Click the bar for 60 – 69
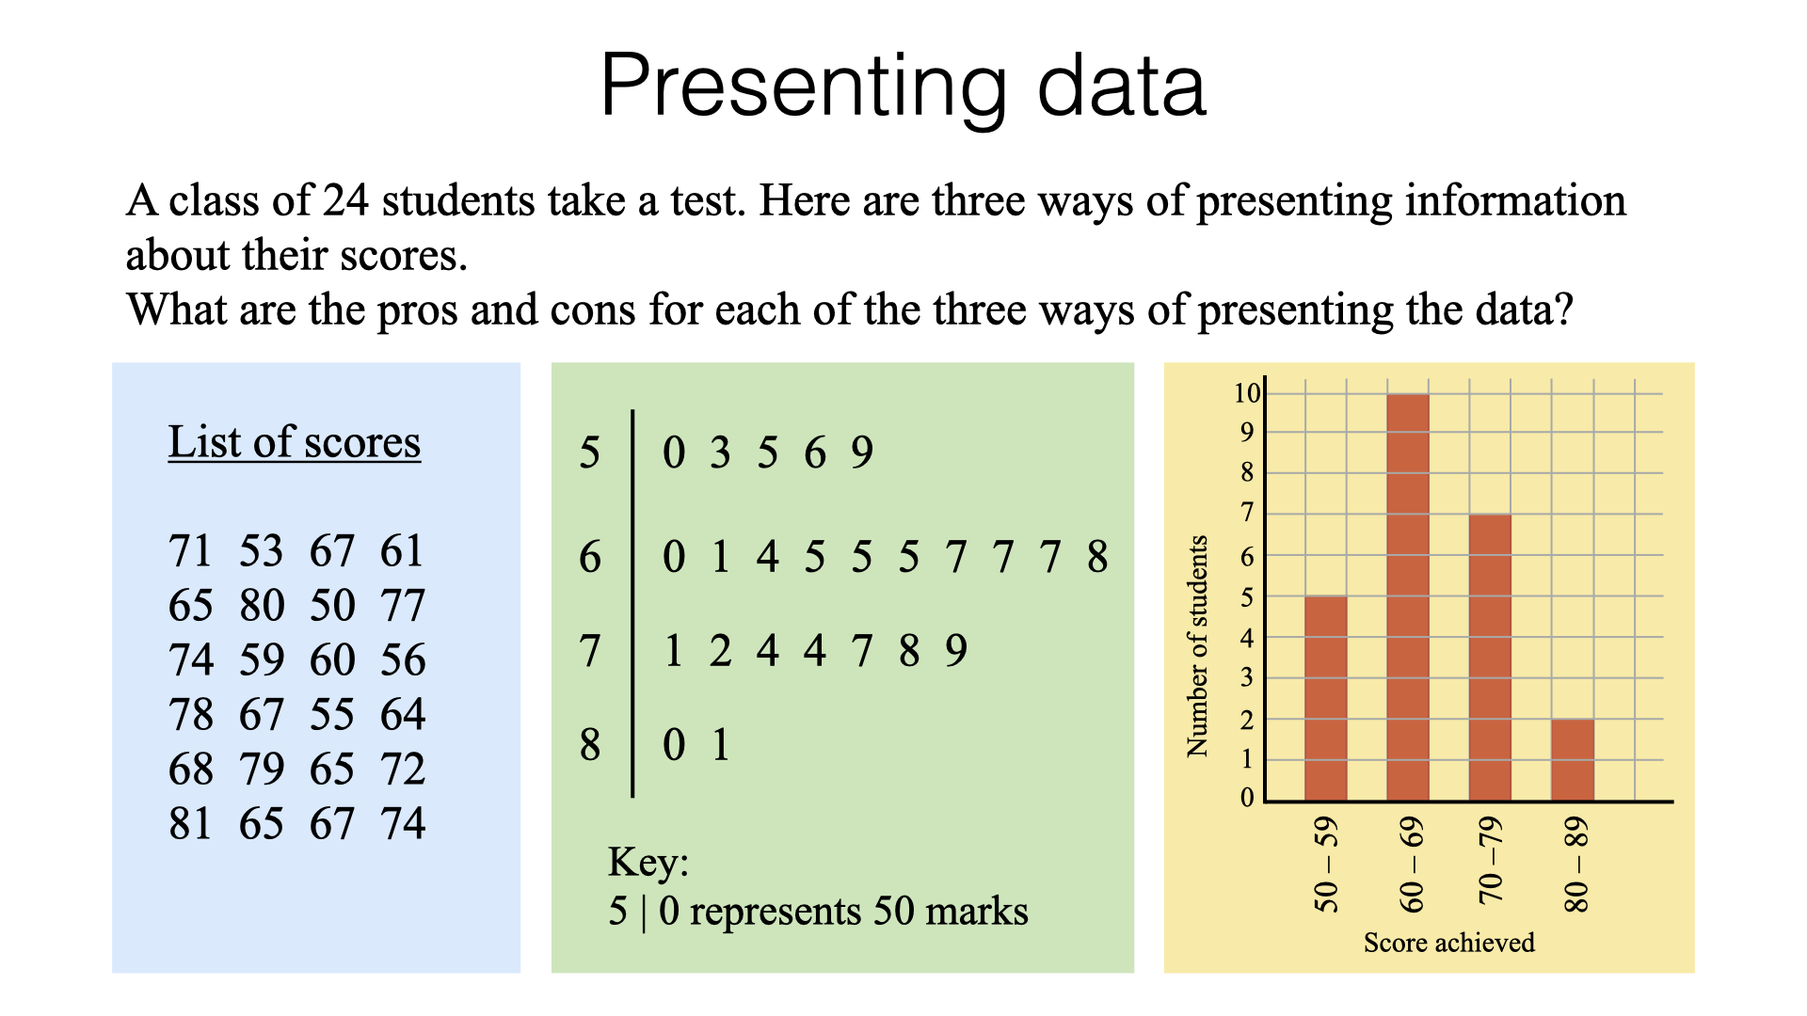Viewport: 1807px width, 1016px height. [1408, 597]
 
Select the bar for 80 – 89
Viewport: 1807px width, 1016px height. [1573, 760]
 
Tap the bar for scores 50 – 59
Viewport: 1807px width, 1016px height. [1326, 699]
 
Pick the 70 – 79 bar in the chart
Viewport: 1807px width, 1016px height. [1490, 658]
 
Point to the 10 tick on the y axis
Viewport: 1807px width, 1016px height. [1247, 392]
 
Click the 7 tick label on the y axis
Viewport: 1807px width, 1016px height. [1247, 513]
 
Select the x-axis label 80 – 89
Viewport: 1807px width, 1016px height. [1575, 865]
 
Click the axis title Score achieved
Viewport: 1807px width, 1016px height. [1448, 943]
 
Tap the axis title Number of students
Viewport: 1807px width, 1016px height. [1196, 646]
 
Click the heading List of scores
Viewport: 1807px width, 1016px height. [295, 442]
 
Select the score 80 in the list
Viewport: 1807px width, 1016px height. [262, 605]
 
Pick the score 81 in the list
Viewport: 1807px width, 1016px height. [190, 823]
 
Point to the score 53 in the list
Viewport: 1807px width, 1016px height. [261, 550]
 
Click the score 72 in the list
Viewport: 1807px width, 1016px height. [403, 769]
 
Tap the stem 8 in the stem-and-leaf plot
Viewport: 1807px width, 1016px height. [590, 744]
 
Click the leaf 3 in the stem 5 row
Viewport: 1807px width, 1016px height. [720, 452]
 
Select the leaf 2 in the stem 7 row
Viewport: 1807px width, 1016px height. [720, 650]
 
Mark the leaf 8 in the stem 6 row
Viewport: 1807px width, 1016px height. [1097, 556]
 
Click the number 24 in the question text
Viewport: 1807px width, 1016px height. [345, 200]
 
